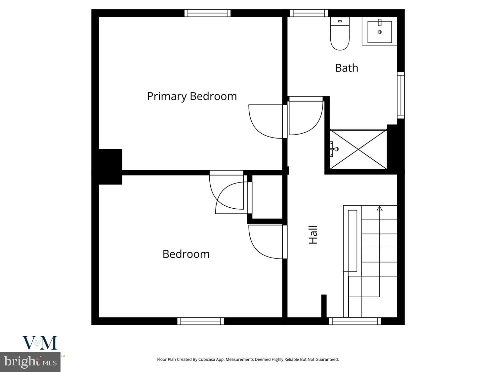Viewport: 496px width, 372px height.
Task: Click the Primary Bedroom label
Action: pyautogui.click(x=192, y=96)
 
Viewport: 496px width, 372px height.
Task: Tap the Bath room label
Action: pyautogui.click(x=347, y=68)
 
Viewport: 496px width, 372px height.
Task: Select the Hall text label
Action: pyautogui.click(x=313, y=235)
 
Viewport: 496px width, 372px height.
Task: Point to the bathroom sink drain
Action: pyautogui.click(x=380, y=32)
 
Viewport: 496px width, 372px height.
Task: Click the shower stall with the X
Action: pyautogui.click(x=358, y=149)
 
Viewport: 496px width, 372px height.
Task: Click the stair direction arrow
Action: pyautogui.click(x=380, y=209)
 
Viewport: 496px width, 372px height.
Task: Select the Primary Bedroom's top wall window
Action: pyautogui.click(x=207, y=13)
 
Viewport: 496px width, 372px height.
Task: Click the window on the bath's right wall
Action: pyautogui.click(x=401, y=95)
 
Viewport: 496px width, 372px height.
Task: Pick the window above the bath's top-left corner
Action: pyautogui.click(x=309, y=13)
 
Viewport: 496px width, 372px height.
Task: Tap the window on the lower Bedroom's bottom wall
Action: pyautogui.click(x=201, y=321)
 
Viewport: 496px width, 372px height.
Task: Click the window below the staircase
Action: pyautogui.click(x=355, y=321)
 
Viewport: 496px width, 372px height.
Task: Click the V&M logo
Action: pyautogui.click(x=40, y=343)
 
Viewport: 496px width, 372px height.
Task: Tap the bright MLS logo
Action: pyautogui.click(x=30, y=362)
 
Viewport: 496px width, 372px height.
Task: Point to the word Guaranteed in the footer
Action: pyautogui.click(x=327, y=359)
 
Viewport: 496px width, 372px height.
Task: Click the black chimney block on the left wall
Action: pyautogui.click(x=110, y=166)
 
